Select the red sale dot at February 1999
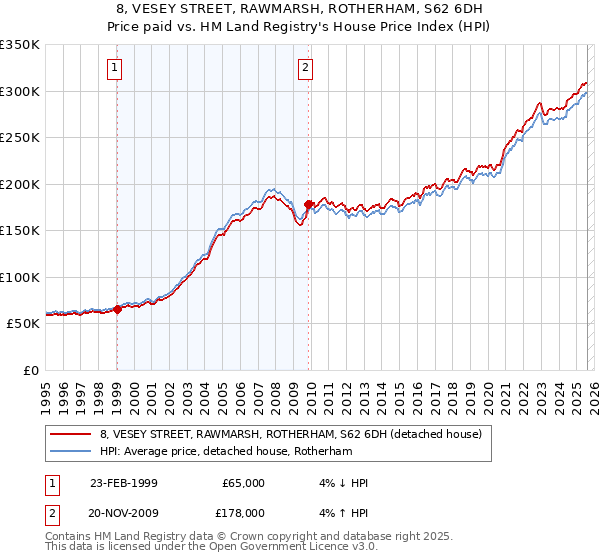117,310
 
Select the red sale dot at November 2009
308,204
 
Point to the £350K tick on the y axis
20,45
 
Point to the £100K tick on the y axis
20,277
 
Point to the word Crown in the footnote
234,537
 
